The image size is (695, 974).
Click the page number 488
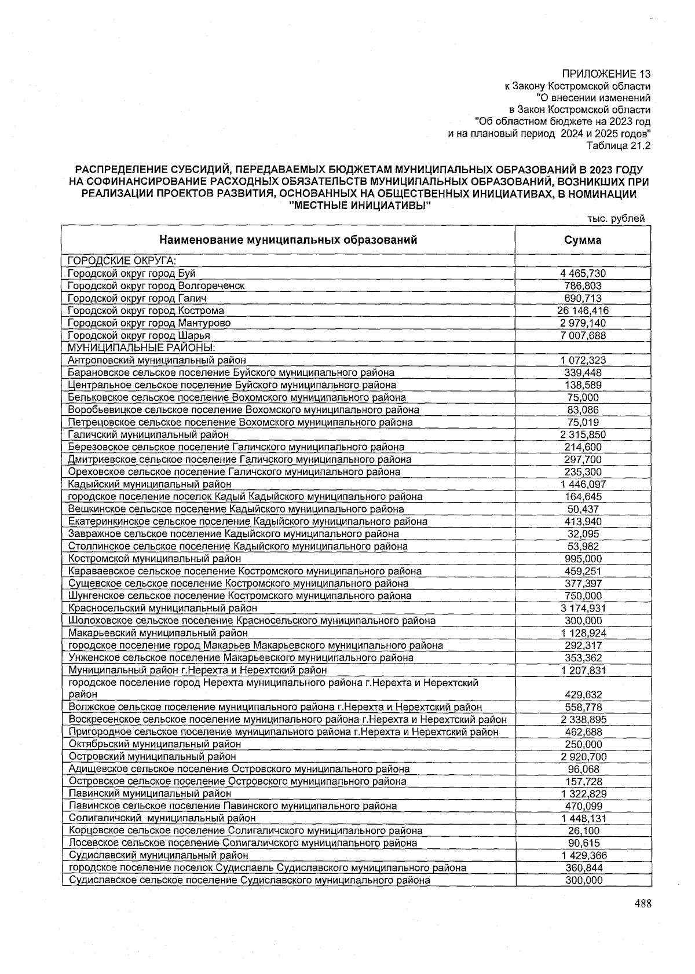[642, 904]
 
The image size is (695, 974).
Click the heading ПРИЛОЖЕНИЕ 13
[606, 74]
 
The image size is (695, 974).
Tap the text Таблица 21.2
[619, 145]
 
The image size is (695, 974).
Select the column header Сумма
[583, 240]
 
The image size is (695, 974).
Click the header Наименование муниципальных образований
[288, 240]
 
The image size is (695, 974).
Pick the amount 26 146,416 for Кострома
[583, 310]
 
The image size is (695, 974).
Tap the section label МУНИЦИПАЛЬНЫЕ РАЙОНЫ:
[141, 347]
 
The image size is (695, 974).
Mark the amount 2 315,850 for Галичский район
[583, 434]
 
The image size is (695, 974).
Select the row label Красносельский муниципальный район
[163, 608]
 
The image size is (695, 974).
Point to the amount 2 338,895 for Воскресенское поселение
[583, 720]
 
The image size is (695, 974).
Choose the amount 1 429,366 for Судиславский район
[583, 855]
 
